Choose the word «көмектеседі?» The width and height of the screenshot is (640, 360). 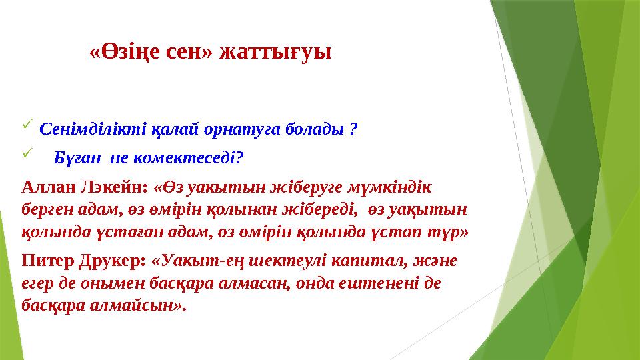199,158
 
